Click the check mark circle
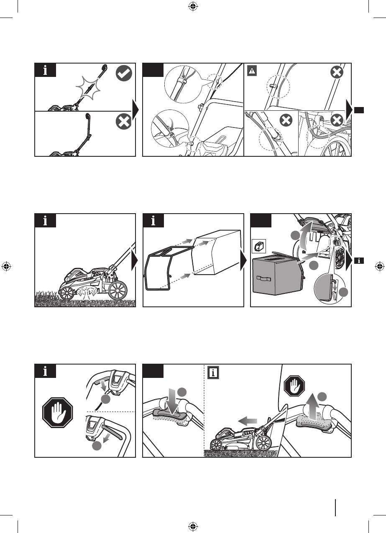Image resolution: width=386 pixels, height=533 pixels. tap(124, 74)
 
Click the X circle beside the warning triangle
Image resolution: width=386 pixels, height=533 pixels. tap(337, 72)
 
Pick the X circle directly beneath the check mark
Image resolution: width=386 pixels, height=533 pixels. tap(124, 122)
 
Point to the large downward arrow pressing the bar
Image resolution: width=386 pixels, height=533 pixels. tap(172, 400)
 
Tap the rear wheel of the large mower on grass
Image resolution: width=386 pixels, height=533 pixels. tap(118, 288)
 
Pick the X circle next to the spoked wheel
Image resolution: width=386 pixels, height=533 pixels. tap(337, 121)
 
